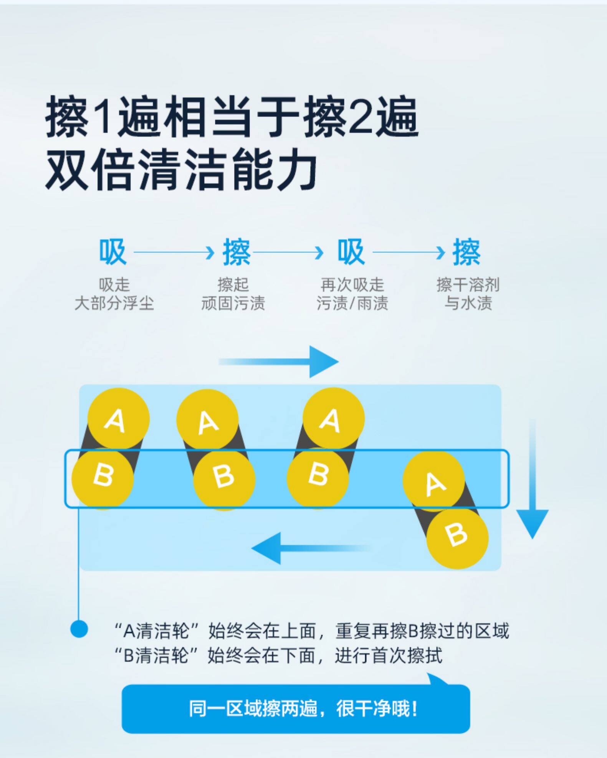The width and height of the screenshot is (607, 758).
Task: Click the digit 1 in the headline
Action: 102,117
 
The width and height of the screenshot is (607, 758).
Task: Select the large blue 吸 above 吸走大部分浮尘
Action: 112,252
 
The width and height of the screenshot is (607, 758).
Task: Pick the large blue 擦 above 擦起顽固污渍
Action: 237,252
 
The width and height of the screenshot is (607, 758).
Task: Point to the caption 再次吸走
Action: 352,285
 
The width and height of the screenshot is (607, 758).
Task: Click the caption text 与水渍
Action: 468,303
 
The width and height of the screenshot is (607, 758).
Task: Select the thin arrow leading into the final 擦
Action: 409,253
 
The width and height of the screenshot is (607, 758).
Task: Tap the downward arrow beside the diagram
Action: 532,480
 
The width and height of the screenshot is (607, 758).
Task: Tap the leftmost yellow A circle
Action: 118,419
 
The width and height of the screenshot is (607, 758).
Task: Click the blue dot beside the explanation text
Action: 79,629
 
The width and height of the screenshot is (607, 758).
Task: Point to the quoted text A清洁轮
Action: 158,631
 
